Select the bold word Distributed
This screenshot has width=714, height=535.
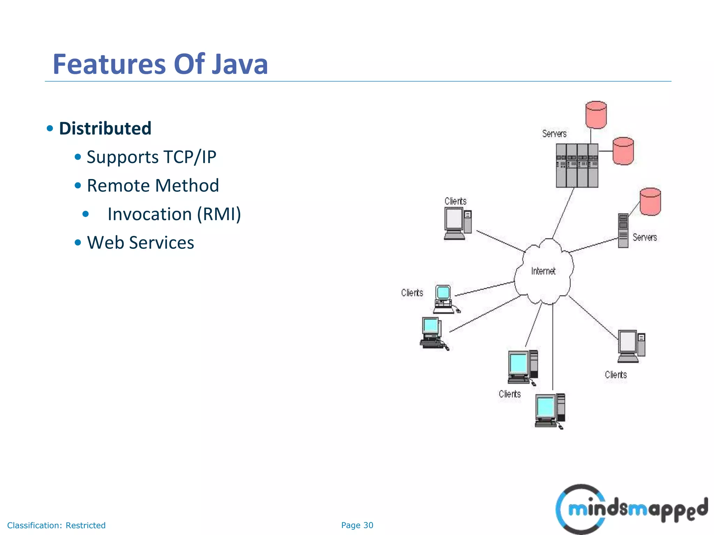[105, 128]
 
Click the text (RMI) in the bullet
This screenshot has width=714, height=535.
[219, 214]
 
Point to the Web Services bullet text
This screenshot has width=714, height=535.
[140, 242]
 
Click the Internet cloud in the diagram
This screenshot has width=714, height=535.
[543, 271]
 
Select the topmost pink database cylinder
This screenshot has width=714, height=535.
[596, 115]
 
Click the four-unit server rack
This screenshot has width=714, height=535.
[577, 165]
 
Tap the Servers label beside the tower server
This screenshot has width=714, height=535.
[645, 238]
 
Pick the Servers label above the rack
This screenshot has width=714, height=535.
[554, 134]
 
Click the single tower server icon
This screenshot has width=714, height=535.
[623, 230]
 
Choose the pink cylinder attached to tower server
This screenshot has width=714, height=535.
[650, 202]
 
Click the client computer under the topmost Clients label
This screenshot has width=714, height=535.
[457, 223]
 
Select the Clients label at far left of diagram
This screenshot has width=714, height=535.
[412, 293]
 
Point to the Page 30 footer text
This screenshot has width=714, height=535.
[357, 525]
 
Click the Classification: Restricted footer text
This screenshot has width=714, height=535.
[56, 525]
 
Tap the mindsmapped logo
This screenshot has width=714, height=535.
[631, 509]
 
